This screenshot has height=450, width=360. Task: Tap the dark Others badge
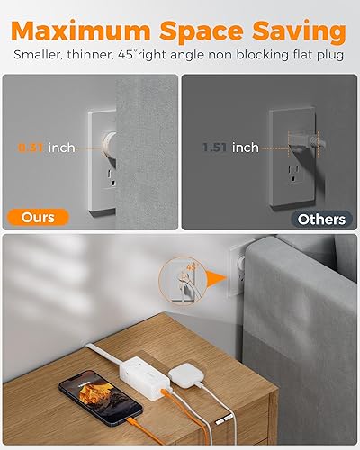click(x=321, y=218)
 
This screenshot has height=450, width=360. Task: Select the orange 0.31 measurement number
click(x=36, y=148)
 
